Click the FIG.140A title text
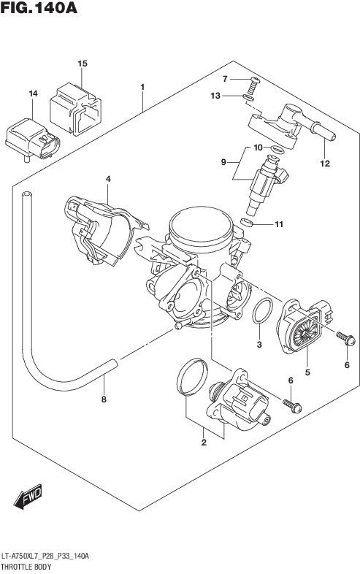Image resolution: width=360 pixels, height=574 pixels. click(39, 7)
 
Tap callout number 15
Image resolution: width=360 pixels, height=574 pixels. click(83, 64)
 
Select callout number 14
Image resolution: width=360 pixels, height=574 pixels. click(33, 94)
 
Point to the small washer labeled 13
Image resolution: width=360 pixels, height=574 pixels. click(248, 97)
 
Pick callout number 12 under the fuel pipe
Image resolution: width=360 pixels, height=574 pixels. click(325, 164)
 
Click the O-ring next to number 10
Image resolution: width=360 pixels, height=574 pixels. click(277, 149)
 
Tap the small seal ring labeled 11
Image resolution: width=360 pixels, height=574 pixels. click(247, 222)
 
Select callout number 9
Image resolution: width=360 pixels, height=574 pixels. click(223, 162)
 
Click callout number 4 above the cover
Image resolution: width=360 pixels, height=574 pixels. click(108, 179)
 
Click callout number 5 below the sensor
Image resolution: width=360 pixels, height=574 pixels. click(307, 372)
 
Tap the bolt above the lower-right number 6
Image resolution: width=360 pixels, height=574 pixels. click(345, 338)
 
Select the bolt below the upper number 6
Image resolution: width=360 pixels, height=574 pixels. click(292, 405)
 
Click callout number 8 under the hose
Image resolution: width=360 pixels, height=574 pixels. click(104, 399)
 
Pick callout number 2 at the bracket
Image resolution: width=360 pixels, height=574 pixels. click(204, 443)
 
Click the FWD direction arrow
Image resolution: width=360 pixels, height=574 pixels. click(28, 497)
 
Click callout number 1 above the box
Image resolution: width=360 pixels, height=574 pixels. click(142, 87)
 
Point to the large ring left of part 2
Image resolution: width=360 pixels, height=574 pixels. click(192, 377)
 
